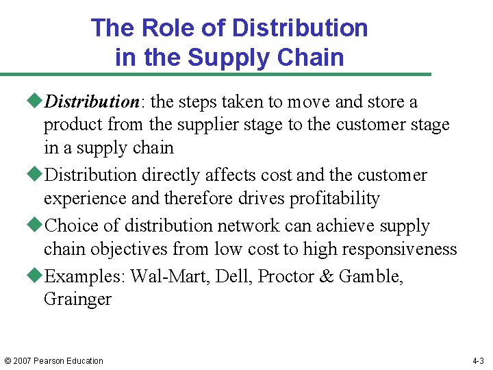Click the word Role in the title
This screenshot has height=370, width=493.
[x=162, y=28]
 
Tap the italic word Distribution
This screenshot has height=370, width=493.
[x=92, y=102]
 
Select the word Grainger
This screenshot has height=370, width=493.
[x=77, y=299]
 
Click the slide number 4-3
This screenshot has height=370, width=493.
[x=478, y=361]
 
